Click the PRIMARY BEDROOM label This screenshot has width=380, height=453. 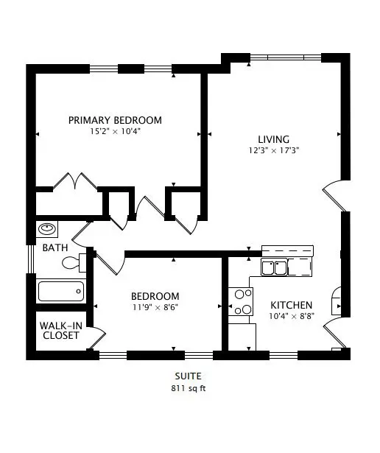[x=115, y=120]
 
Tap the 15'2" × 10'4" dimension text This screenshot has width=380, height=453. [x=115, y=131]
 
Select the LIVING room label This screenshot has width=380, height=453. [x=273, y=139]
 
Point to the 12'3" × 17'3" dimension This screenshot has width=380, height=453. [x=273, y=150]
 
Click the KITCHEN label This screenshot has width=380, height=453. [x=292, y=305]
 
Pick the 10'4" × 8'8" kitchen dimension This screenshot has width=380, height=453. [x=292, y=316]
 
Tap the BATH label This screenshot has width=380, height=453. [x=55, y=247]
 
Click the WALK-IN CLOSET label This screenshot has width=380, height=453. [x=61, y=331]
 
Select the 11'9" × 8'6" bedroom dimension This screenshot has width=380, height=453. [x=155, y=307]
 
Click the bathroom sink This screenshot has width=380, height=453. [x=47, y=229]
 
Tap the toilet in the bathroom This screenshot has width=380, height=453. [x=74, y=263]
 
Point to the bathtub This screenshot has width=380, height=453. [x=61, y=291]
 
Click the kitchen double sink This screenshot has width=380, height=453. [x=274, y=267]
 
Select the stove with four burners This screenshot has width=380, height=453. [x=241, y=301]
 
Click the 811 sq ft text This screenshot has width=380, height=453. [x=189, y=388]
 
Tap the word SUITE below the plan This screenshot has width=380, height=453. [x=189, y=376]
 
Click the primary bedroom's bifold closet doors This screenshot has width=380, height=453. [x=75, y=181]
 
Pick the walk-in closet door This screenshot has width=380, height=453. [x=98, y=338]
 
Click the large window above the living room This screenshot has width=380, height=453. [x=286, y=57]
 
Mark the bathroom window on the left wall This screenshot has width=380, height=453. [x=31, y=259]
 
